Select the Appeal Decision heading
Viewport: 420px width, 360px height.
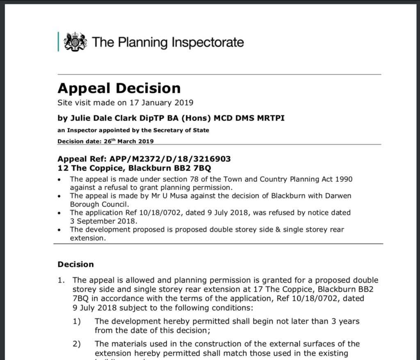coord(119,88)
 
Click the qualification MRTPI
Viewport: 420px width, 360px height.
coord(269,118)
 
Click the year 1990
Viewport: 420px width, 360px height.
coord(344,179)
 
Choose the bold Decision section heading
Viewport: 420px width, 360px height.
coord(75,264)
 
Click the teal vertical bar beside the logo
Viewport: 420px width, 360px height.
coord(59,42)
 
